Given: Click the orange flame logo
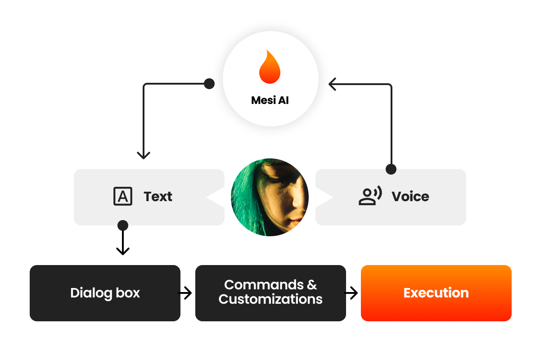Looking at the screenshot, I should pos(270,67).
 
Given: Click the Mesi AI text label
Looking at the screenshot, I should pos(270,100).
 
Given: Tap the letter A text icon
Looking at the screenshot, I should pos(123,196).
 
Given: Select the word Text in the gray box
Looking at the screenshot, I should pos(158,197).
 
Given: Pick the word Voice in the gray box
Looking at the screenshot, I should pos(410,197).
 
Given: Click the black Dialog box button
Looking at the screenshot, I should pos(105,293).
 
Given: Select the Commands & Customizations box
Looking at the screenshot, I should pos(270,293).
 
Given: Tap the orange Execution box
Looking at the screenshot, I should pos(436,293).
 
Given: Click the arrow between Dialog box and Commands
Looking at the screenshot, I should pos(185,293).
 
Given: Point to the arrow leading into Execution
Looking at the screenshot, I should pos(351,293).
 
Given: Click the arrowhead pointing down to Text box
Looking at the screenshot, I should pos(144,155).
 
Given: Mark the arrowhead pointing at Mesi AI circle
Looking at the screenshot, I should pos(333,84).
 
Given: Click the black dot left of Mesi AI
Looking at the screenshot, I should pos(209,84).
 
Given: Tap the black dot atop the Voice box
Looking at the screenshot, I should pos(391,169).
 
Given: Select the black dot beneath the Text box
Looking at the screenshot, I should pos(122,225).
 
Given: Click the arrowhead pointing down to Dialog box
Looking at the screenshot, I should pos(122,251).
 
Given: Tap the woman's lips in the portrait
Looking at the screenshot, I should pos(295,221).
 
